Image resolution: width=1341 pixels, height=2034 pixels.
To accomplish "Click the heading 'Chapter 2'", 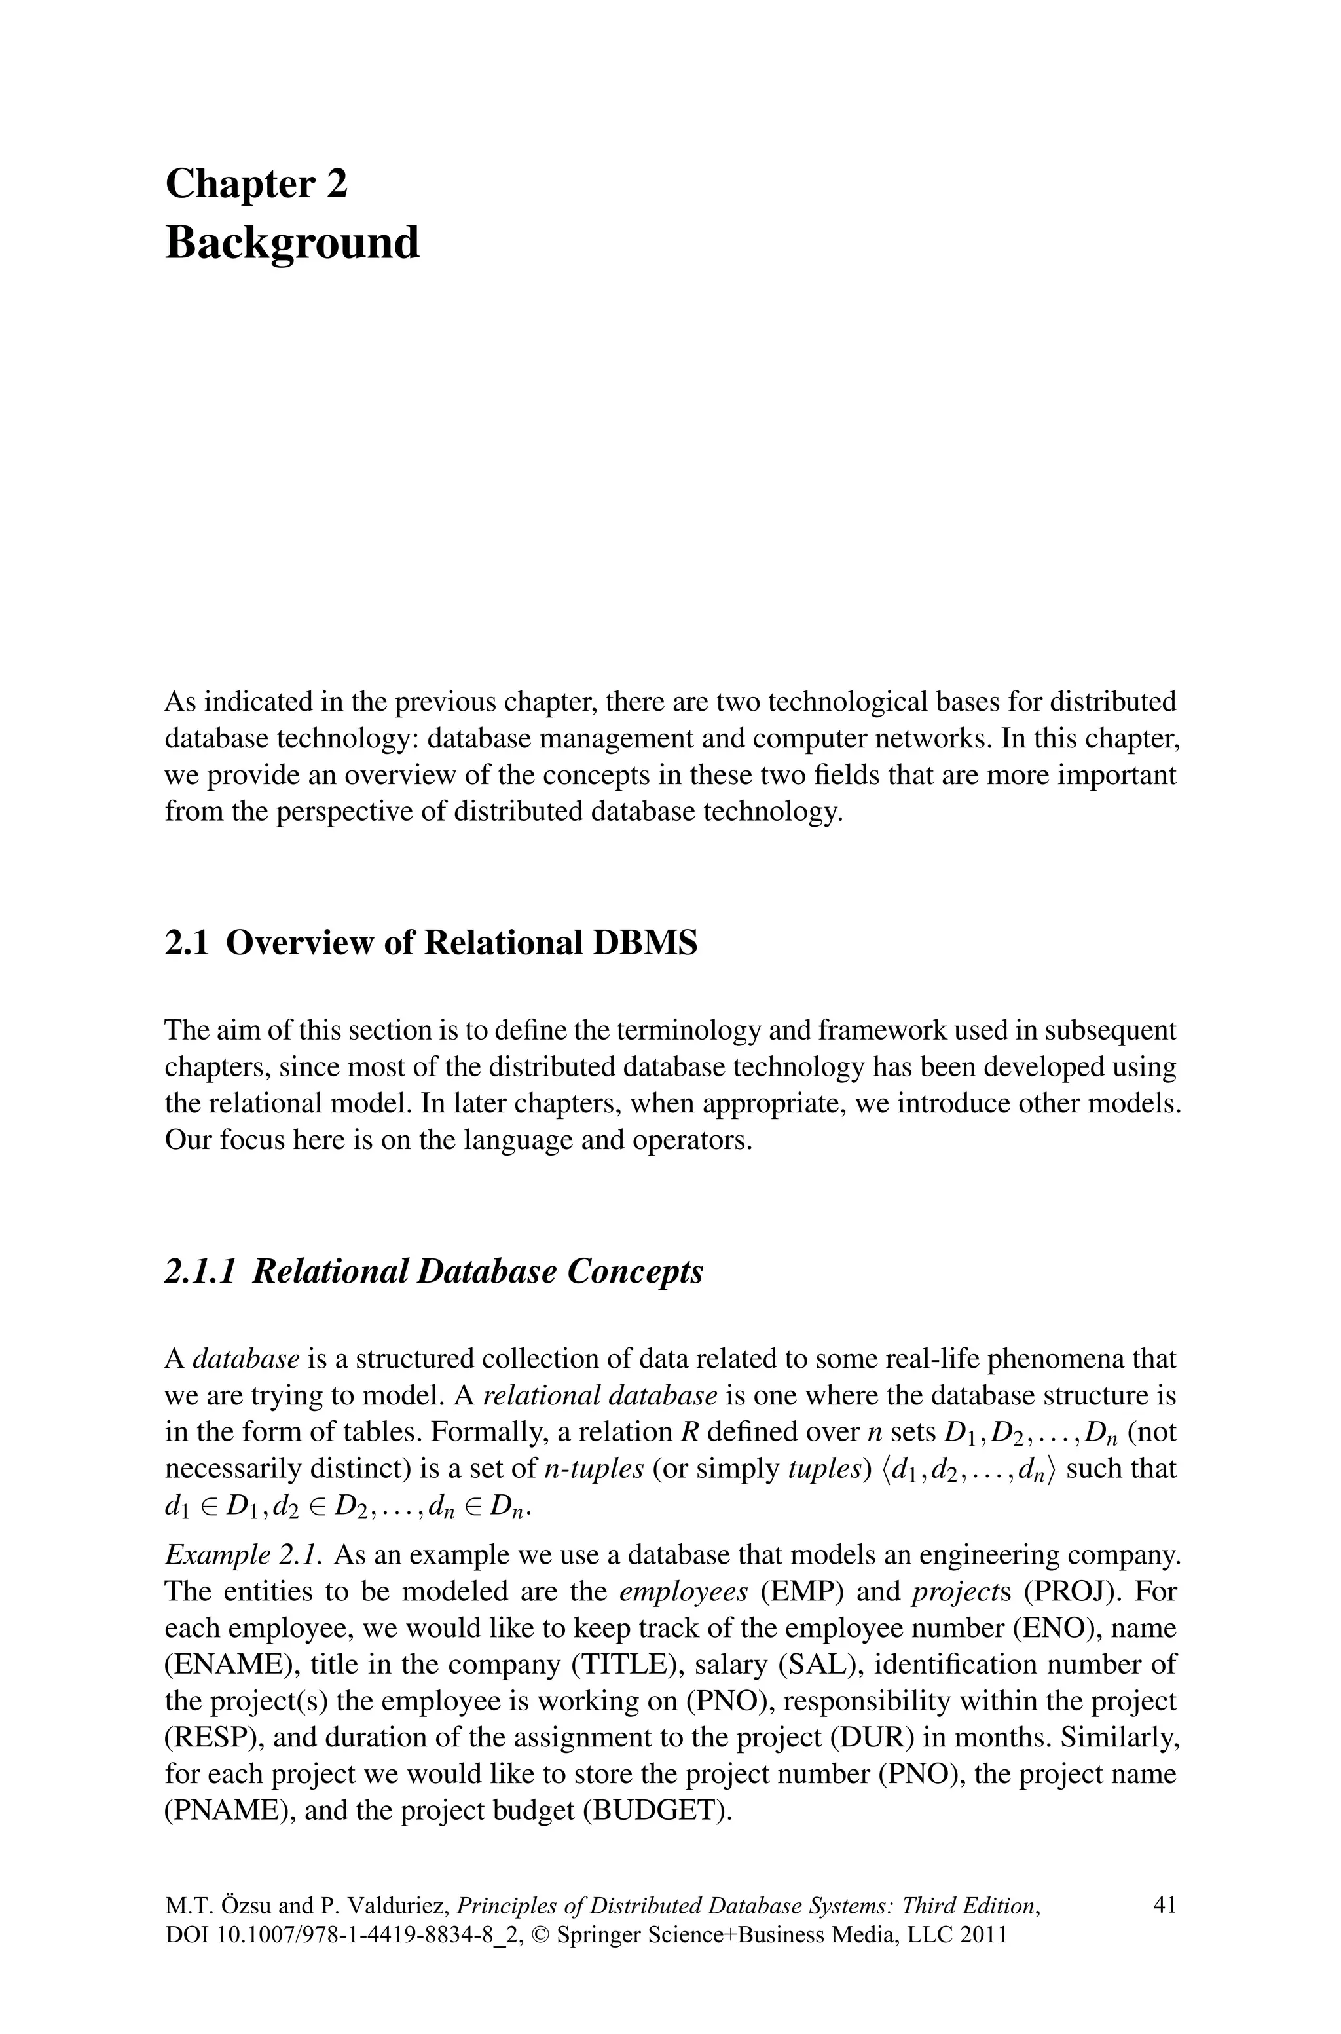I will point(257,184).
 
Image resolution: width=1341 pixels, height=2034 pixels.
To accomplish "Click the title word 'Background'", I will point(293,242).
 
